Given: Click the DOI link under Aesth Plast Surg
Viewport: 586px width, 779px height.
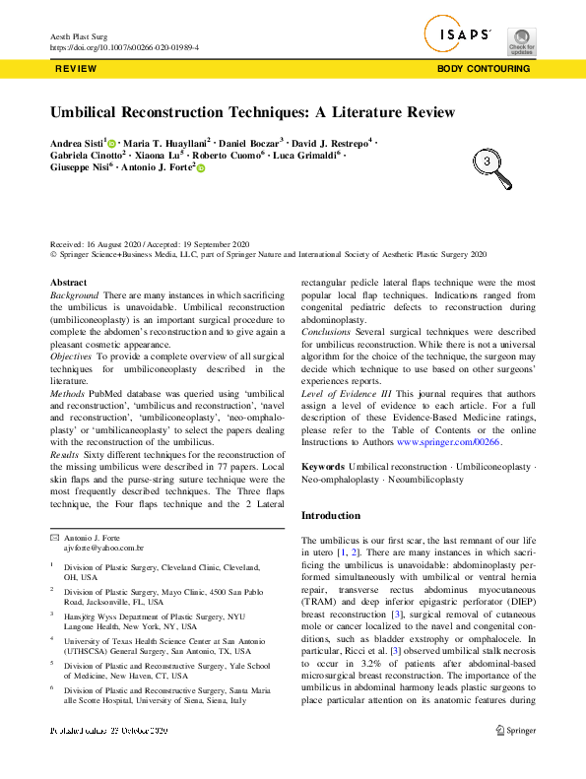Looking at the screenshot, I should [124, 47].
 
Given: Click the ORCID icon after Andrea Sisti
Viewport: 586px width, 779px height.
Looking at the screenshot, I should [112, 144].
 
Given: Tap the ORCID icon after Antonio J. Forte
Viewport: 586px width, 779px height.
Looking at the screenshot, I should [201, 169].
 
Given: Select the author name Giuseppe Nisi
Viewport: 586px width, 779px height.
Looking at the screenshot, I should [79, 169].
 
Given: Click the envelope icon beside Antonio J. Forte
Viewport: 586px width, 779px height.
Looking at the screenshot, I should [54, 536].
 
